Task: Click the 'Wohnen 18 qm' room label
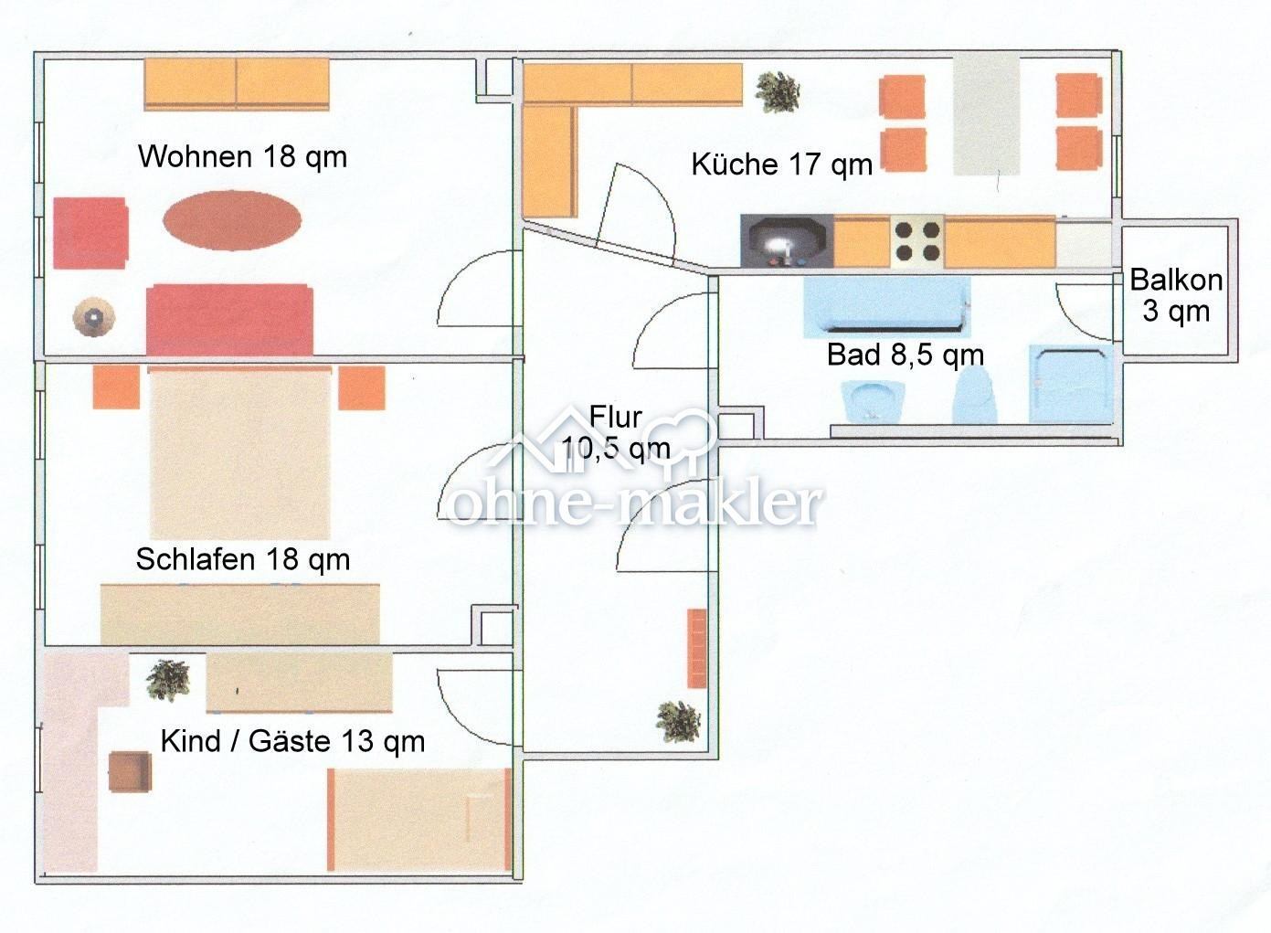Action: click(242, 156)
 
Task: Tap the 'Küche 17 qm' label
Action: click(781, 164)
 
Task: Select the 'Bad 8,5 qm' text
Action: click(905, 355)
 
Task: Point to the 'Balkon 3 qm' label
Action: click(1176, 294)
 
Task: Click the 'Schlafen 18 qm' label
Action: click(242, 558)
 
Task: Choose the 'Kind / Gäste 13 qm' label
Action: click(292, 740)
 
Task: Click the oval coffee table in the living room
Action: click(232, 220)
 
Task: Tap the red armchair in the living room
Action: click(90, 233)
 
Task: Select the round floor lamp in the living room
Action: click(93, 318)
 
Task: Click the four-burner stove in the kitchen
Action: click(916, 241)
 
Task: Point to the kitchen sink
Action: click(786, 242)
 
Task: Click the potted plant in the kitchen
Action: click(778, 92)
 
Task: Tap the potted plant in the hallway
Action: click(678, 721)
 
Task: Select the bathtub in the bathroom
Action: click(886, 306)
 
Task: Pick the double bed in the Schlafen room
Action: click(239, 452)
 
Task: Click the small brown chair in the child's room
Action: click(129, 771)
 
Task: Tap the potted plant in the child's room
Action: click(168, 679)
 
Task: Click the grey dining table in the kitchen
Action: click(986, 113)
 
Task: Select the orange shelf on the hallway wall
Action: click(697, 648)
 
